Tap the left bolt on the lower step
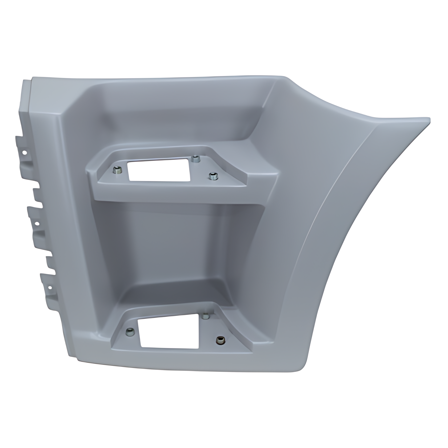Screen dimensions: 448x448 point(130,332)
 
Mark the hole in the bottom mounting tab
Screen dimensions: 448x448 point(49,288)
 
